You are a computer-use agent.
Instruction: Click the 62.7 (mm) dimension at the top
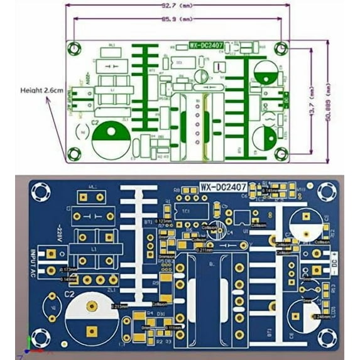[178, 6]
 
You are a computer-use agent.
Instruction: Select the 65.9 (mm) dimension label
[178, 19]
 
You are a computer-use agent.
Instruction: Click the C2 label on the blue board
[69, 294]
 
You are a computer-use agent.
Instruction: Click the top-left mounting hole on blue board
[41, 191]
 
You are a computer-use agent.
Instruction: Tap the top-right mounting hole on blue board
[327, 192]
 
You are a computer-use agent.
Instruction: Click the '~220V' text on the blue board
[58, 231]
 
